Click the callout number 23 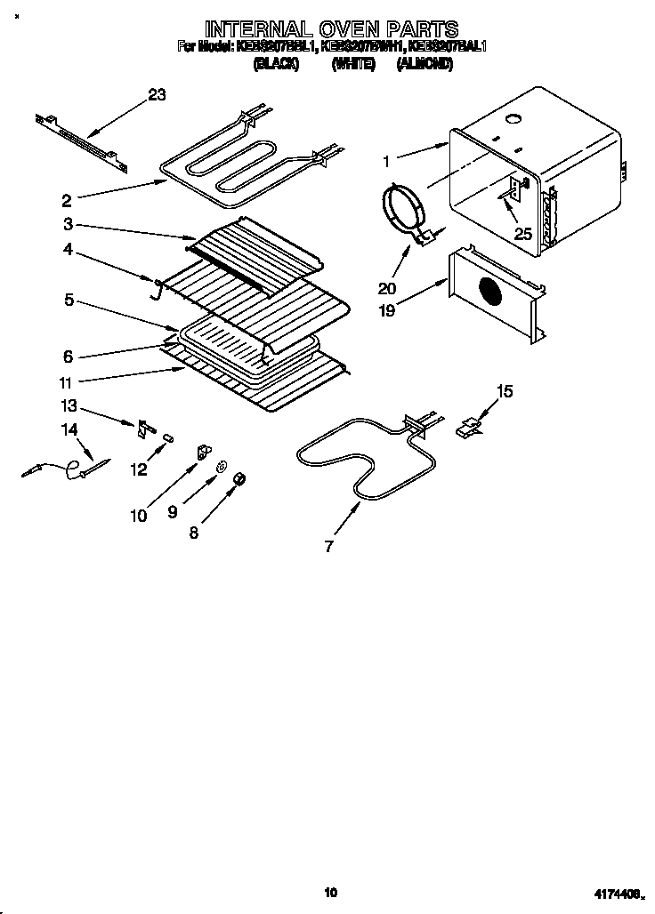[157, 96]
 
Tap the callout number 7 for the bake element [329, 546]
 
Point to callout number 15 [505, 391]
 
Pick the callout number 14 [69, 430]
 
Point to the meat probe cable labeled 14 [62, 469]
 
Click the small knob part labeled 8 [239, 480]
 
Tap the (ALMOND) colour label [425, 64]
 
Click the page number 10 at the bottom [330, 892]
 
